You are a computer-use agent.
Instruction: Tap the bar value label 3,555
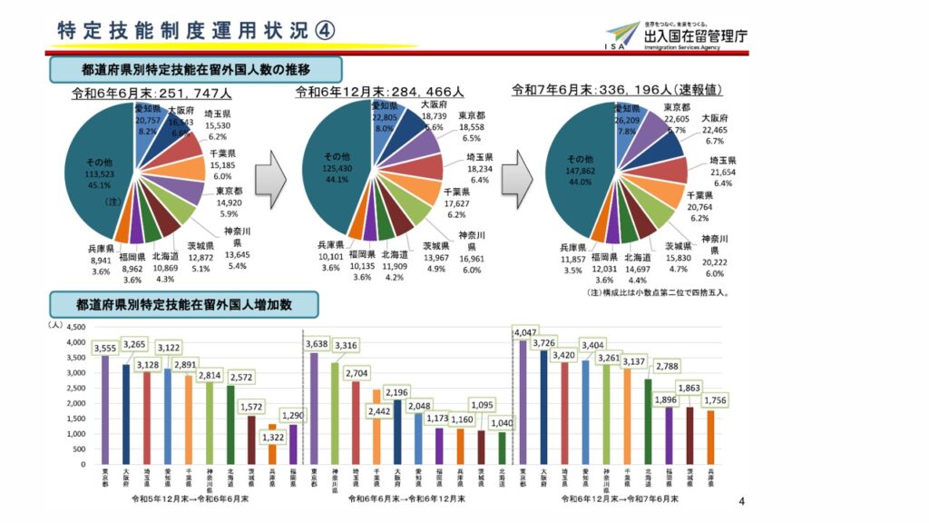coord(106,348)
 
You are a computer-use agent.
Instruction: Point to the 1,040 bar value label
coord(502,423)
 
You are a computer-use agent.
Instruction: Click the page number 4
coord(741,502)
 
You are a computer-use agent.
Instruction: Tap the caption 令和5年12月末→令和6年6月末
coord(190,498)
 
